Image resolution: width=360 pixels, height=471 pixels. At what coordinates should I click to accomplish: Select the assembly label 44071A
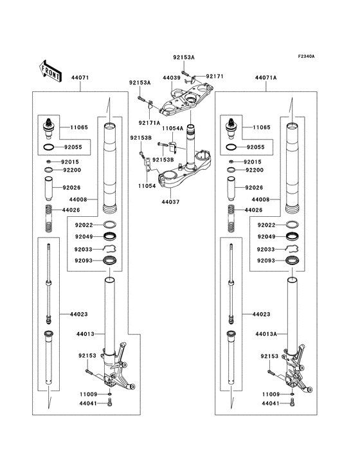click(265, 77)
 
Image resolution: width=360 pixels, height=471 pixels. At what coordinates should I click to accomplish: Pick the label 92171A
click(149, 122)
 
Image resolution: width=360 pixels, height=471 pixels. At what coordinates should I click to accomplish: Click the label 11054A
click(172, 129)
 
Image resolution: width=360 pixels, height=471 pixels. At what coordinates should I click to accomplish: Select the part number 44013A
click(265, 334)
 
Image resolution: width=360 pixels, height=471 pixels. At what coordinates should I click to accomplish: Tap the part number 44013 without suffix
click(85, 334)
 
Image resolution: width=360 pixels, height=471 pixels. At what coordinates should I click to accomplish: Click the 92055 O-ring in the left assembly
click(49, 147)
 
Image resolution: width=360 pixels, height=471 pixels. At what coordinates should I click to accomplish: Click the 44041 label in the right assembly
click(271, 403)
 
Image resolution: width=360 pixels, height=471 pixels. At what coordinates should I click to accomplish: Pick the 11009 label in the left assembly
click(88, 392)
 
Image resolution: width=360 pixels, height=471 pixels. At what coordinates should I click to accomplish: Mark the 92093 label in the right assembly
click(267, 261)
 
